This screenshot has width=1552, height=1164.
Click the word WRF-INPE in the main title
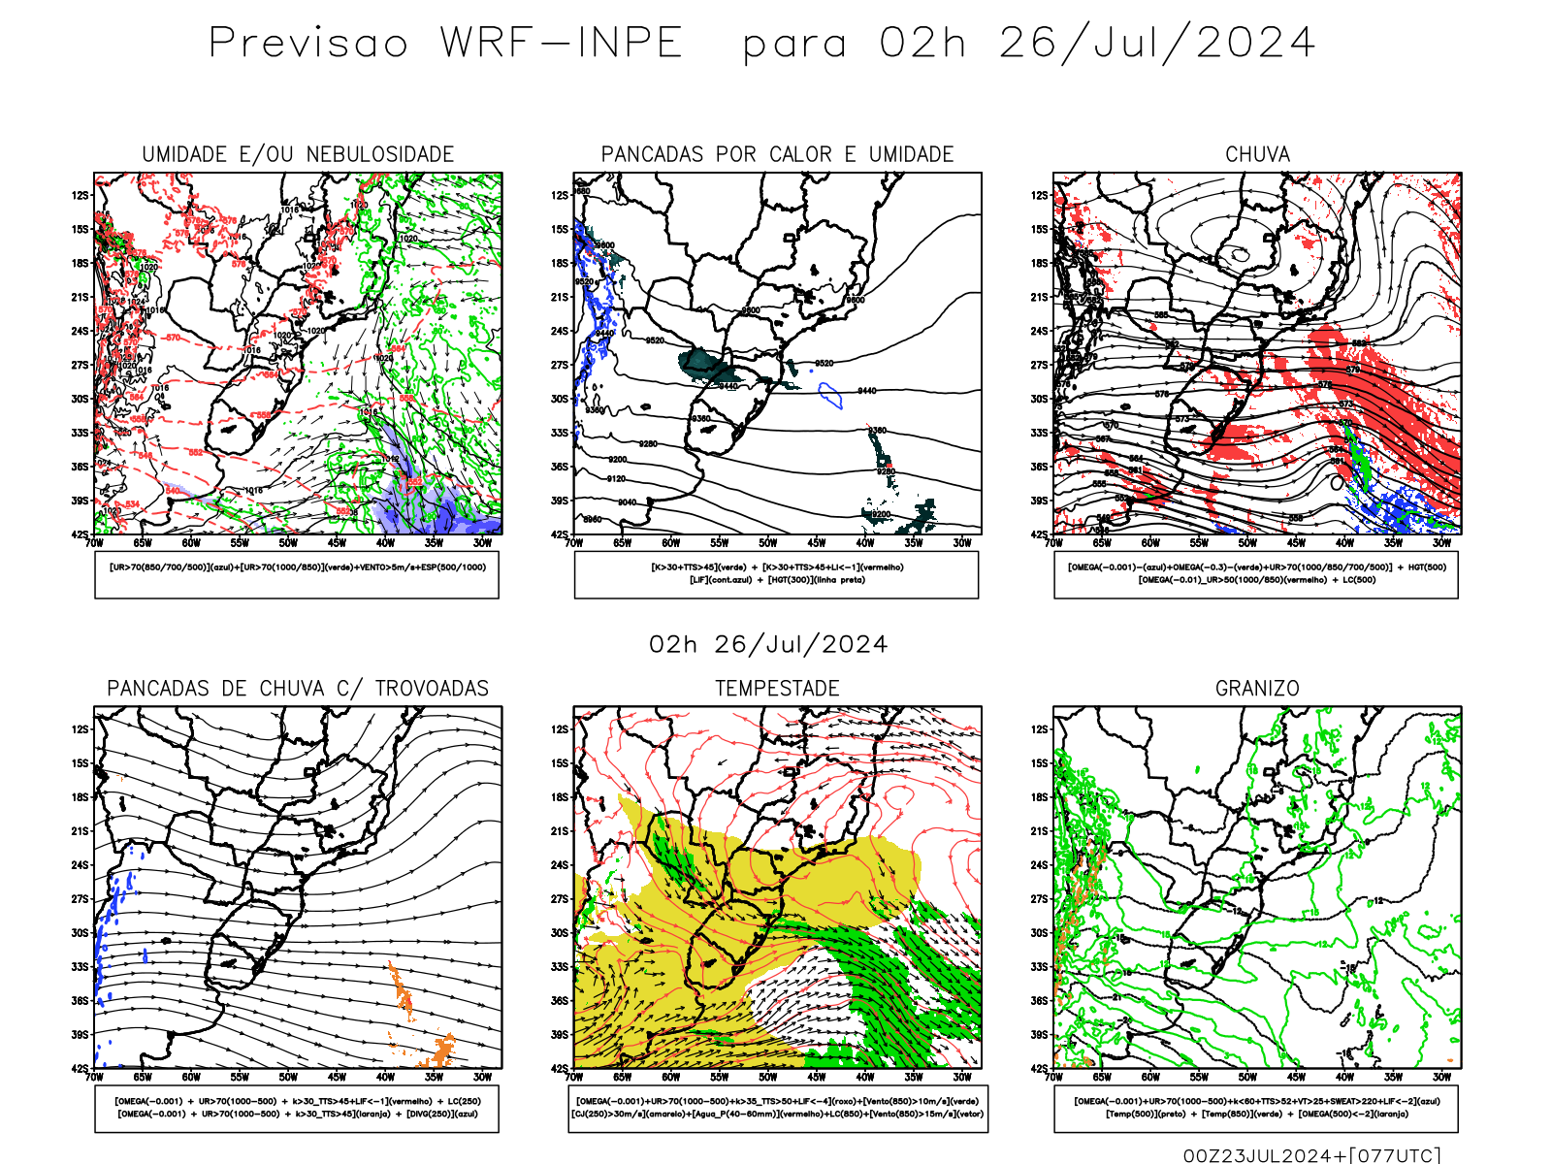click(x=562, y=44)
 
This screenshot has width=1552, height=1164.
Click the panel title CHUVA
click(x=1257, y=154)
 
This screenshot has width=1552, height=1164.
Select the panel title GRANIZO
click(x=1257, y=689)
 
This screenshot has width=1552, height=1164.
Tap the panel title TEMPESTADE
click(x=777, y=689)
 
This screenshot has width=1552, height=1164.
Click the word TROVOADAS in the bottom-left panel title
click(x=432, y=689)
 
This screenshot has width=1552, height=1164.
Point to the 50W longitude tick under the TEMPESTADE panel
click(x=768, y=1077)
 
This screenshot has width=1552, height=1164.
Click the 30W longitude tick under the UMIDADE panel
click(x=482, y=543)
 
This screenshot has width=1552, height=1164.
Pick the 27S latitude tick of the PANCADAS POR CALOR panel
click(x=560, y=366)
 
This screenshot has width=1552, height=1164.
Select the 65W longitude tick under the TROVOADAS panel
click(x=143, y=1077)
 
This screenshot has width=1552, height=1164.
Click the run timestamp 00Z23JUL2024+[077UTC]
click(x=1311, y=1154)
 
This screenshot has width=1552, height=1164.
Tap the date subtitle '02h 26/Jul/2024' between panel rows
click(x=768, y=645)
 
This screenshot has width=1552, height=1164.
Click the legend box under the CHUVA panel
click(x=1256, y=574)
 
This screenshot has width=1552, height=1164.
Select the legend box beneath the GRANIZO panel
click(x=1256, y=1108)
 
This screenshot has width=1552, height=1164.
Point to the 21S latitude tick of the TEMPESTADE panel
click(x=560, y=831)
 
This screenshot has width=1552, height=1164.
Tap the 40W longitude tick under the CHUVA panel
click(x=1344, y=543)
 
